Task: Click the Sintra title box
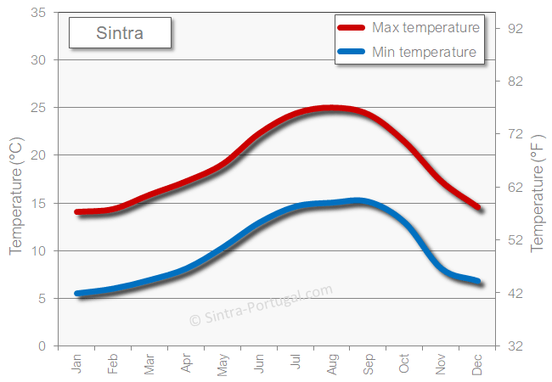[x=120, y=34]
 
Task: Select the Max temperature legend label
[x=425, y=28]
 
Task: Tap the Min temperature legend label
[x=424, y=53]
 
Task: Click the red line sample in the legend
[x=352, y=28]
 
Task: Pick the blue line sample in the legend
[x=352, y=53]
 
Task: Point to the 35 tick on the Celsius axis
[x=38, y=13]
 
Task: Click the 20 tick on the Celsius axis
[x=38, y=155]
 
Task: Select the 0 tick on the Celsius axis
[x=42, y=346]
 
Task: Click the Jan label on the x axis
[x=77, y=364]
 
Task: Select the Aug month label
[x=332, y=364]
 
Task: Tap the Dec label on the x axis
[x=477, y=364]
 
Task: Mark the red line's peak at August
[x=331, y=108]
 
